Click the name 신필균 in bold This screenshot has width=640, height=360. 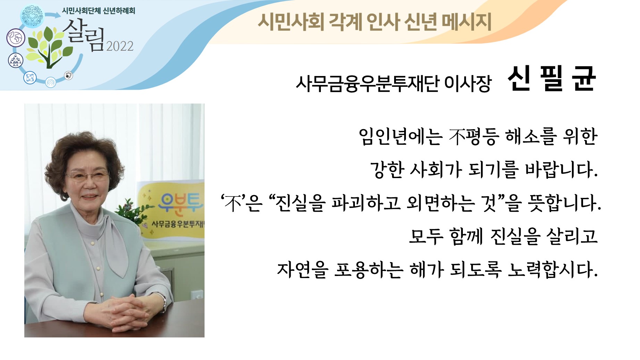pos(552,79)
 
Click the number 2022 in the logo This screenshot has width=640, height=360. pos(120,46)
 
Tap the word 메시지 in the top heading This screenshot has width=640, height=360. pos(466,22)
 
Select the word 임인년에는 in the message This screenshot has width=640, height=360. pos(400,136)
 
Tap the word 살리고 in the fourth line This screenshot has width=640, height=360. pos(572,236)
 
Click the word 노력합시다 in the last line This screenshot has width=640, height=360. pos(552,269)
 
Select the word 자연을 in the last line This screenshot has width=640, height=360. pos(302,270)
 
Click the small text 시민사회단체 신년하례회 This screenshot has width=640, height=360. pos(99,11)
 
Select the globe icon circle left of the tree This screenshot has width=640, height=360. pos(16,37)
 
